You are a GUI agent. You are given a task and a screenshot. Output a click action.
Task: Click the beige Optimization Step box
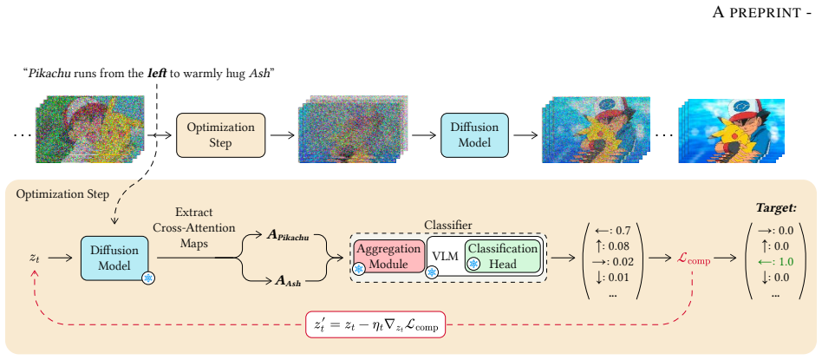coord(221,134)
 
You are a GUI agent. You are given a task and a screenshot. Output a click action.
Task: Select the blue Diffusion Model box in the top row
coord(474,134)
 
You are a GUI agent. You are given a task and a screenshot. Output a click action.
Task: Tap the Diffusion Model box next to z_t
coord(114,258)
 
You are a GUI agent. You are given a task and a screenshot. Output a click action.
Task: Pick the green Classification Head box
coord(502,257)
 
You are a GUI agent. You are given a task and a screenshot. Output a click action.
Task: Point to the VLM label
coord(446,257)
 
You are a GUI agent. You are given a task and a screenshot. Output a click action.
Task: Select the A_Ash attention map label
coord(289,282)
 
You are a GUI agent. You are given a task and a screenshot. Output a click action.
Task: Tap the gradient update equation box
coord(375,325)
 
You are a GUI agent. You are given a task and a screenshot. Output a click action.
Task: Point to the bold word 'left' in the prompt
coord(157,73)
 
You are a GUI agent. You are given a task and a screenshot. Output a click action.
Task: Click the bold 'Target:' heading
coord(776,208)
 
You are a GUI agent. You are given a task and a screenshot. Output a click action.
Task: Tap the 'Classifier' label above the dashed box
coord(448,226)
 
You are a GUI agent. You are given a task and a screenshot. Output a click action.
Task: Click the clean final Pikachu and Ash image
coord(731,131)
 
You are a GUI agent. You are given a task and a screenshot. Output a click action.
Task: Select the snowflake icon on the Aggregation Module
coord(360,269)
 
